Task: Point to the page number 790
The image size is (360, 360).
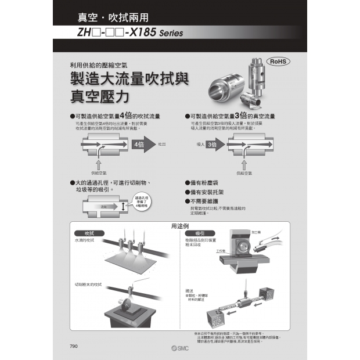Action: click(x=74, y=346)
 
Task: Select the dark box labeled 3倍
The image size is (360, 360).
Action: click(x=213, y=144)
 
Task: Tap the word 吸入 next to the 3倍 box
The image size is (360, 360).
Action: click(x=201, y=144)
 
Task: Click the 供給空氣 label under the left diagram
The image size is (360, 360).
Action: click(x=99, y=172)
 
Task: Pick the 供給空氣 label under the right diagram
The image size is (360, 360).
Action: click(x=244, y=172)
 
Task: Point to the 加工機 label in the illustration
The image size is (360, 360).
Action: click(x=256, y=232)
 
